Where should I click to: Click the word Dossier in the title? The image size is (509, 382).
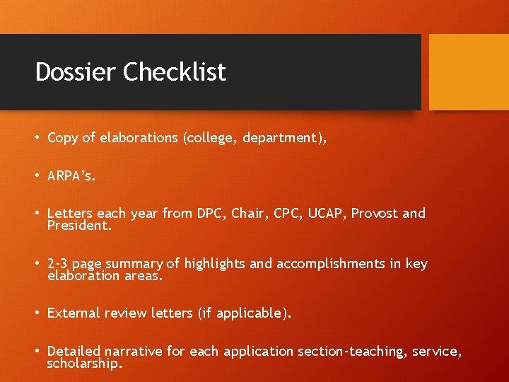click(x=76, y=72)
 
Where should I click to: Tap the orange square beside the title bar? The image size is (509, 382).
click(x=469, y=71)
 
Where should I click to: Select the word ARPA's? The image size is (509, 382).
click(x=71, y=176)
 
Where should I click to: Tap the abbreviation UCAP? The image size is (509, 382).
click(x=327, y=214)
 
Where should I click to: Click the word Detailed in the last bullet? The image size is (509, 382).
click(x=75, y=351)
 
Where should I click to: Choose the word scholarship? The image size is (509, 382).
click(x=84, y=364)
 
